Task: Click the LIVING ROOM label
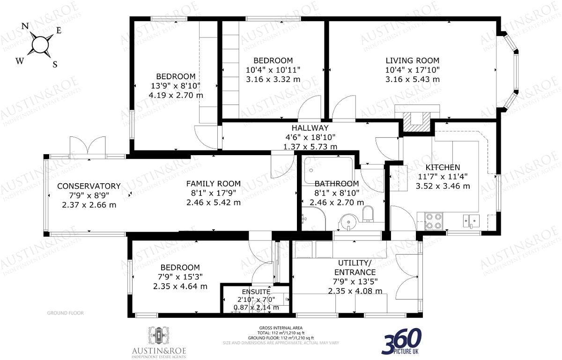click(412, 60)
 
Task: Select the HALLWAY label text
click(310, 128)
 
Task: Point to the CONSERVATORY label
click(89, 186)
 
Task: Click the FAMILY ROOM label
click(213, 184)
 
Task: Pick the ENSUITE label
click(253, 292)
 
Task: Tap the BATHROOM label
click(336, 184)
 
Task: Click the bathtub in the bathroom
click(327, 169)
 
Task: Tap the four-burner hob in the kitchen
click(434, 220)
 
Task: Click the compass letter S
click(55, 65)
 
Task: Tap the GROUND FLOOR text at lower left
click(66, 313)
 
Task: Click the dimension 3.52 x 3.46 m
click(443, 186)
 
